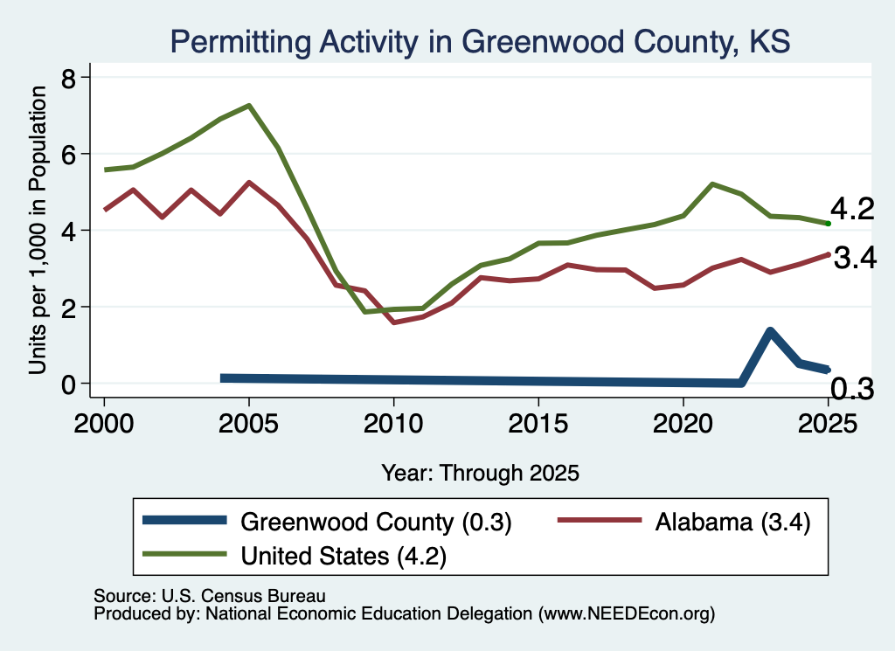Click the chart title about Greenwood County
[480, 42]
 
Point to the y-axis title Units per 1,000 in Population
[37, 230]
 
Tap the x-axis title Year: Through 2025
[480, 473]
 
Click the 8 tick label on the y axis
[68, 78]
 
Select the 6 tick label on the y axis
[68, 154]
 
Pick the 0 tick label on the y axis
[68, 384]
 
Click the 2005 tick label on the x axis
[248, 423]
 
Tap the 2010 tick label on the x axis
[393, 423]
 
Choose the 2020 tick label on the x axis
[683, 423]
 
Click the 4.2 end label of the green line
[852, 209]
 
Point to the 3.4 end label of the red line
[855, 258]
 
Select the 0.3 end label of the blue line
[851, 389]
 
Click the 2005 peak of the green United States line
[249, 106]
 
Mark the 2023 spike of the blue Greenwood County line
[770, 331]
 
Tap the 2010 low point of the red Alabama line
[394, 322]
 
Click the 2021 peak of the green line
[712, 184]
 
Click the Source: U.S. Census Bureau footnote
[210, 596]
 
